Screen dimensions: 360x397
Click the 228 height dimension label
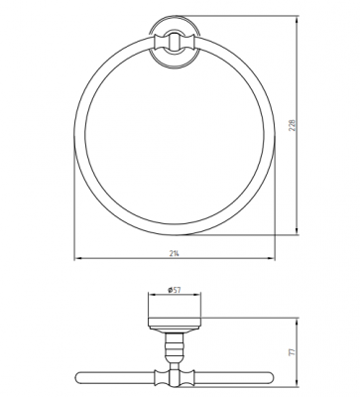tap(292, 125)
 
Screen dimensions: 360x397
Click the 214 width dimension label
tap(175, 253)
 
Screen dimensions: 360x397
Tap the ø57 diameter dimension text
tap(175, 290)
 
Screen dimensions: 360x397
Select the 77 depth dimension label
tap(292, 351)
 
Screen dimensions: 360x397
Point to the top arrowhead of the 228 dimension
tap(297, 20)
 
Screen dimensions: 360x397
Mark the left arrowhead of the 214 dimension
tap(78, 258)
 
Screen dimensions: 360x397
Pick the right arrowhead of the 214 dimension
tap(271, 258)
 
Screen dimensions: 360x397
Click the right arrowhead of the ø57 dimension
tap(197, 294)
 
